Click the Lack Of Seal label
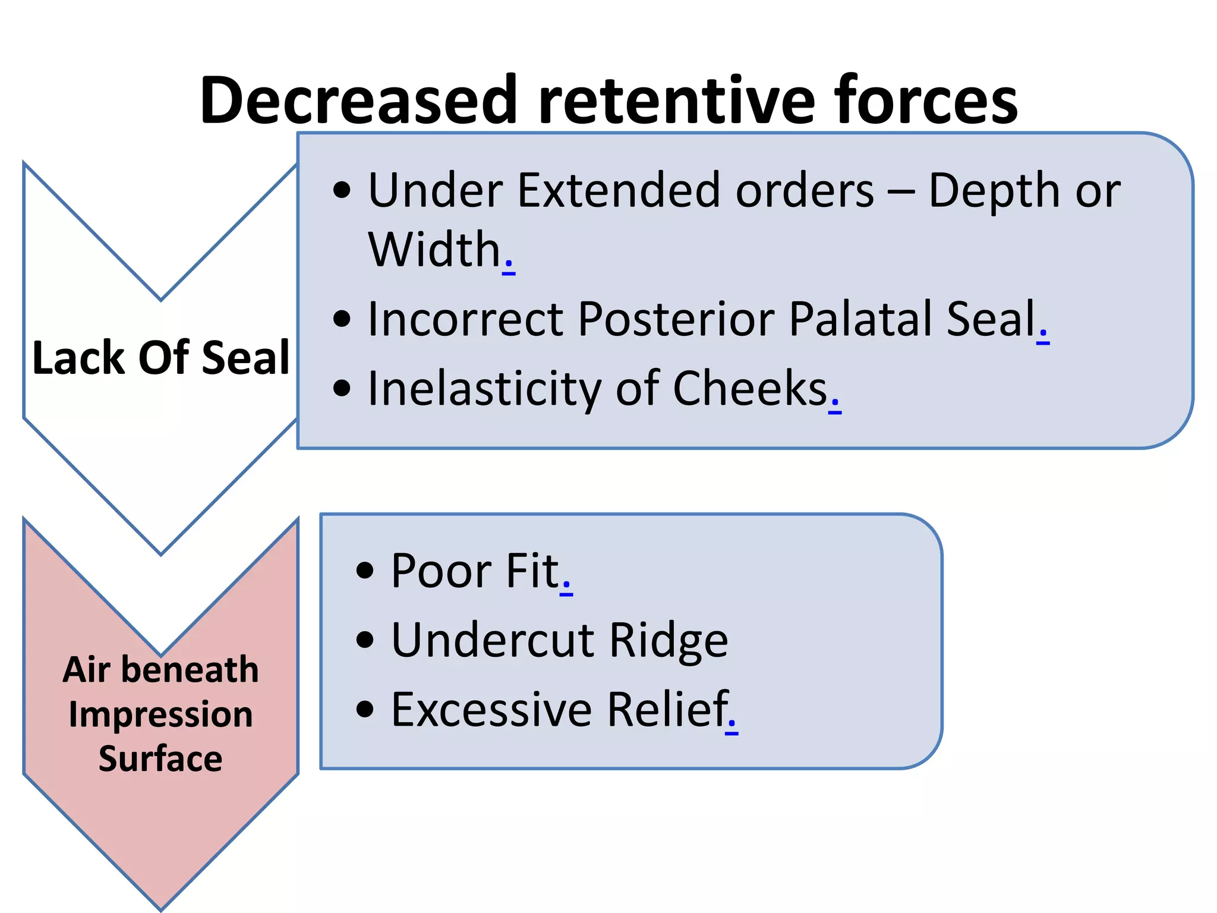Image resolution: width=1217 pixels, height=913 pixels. click(x=160, y=358)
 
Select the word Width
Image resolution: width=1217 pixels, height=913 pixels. click(x=434, y=250)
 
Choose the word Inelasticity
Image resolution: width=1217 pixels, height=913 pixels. click(x=484, y=389)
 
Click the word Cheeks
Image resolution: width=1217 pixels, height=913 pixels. click(x=750, y=389)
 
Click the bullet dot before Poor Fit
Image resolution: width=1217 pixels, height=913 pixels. click(x=365, y=571)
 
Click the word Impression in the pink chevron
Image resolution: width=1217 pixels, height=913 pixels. click(x=160, y=714)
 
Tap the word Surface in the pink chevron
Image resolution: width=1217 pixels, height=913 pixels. click(x=160, y=759)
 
